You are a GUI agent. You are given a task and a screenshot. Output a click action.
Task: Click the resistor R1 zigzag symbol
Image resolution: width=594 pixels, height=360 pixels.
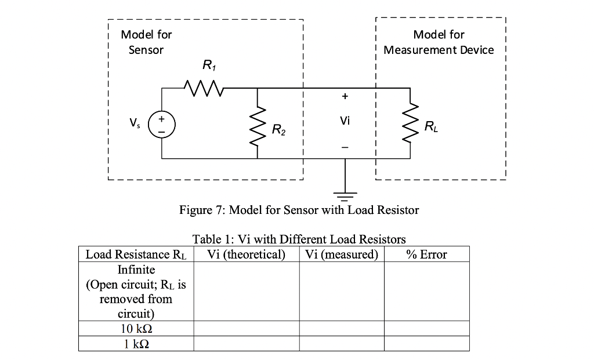pyautogui.click(x=201, y=88)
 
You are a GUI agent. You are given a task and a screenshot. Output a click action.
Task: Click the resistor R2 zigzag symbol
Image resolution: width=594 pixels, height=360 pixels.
pyautogui.click(x=257, y=123)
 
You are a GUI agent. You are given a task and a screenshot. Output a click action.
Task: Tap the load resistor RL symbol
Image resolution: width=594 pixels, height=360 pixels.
pyautogui.click(x=410, y=123)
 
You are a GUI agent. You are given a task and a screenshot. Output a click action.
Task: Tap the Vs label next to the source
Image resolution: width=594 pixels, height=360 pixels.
pyautogui.click(x=135, y=122)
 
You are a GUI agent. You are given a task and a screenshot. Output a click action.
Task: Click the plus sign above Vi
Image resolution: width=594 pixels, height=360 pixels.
pyautogui.click(x=345, y=96)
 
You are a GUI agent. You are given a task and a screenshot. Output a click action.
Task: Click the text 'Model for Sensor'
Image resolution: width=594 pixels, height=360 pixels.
pyautogui.click(x=146, y=42)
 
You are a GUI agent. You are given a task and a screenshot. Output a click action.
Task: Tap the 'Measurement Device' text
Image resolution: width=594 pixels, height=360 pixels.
pyautogui.click(x=439, y=50)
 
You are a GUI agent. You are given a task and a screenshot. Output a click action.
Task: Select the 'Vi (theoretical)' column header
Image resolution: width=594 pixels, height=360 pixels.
pyautogui.click(x=246, y=254)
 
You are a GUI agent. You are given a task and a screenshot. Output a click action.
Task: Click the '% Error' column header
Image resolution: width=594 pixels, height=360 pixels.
pyautogui.click(x=426, y=254)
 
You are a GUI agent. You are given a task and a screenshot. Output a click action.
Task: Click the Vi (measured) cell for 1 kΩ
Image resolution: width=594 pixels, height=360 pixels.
pyautogui.click(x=341, y=344)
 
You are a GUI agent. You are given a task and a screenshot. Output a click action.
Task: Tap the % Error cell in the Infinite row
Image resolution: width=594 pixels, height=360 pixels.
pyautogui.click(x=426, y=292)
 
